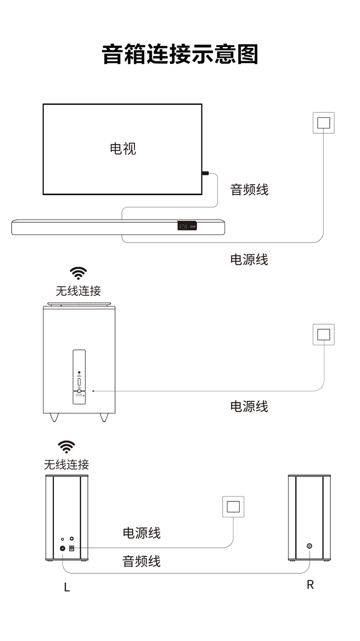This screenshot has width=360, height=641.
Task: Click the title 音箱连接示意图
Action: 180,54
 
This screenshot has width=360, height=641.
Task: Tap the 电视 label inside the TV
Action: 123,148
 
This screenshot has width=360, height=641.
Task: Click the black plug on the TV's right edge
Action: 205,173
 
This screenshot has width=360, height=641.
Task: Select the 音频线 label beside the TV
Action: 249,190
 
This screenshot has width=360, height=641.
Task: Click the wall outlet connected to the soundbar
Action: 324,122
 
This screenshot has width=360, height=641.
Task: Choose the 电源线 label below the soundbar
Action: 249,260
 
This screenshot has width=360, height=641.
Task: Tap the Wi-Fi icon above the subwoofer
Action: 78,273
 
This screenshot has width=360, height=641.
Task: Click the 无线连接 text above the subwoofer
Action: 78,290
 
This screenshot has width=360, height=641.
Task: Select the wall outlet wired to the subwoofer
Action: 324,334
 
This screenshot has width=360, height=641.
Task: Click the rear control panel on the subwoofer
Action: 79,377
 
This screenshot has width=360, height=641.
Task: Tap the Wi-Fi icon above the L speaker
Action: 66,447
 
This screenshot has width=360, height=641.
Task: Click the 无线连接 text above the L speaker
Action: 66,464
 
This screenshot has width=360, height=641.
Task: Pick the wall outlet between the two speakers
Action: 233,507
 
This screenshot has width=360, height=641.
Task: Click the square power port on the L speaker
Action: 72,548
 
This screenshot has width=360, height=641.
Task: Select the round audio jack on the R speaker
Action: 310,546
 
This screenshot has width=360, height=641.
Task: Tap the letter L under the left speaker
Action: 67,587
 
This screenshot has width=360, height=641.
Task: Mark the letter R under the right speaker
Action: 310,585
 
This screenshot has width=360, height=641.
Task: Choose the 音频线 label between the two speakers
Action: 142,561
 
